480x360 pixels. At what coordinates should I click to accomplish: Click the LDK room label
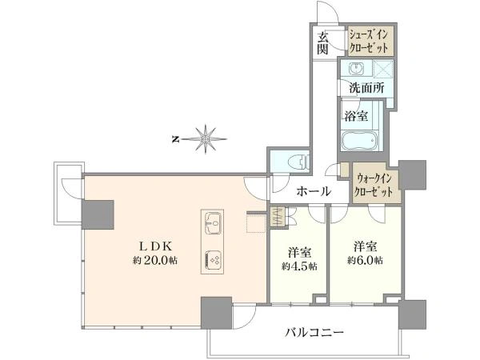coord(157,246)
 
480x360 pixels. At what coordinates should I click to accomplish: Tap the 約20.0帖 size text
coord(155,261)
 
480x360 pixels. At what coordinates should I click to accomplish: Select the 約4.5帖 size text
coord(299,266)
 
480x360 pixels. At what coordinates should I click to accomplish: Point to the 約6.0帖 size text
coord(365,261)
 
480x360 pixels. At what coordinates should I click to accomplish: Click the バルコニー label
coord(314,332)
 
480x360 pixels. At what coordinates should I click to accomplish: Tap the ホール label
coord(314,192)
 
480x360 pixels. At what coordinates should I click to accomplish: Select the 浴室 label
coord(356,116)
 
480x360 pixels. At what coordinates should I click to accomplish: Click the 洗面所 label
coord(366,88)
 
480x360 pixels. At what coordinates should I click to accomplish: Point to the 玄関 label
coord(322,43)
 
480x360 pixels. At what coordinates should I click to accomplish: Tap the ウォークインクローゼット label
coord(374,185)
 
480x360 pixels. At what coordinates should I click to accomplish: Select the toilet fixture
coord(299,162)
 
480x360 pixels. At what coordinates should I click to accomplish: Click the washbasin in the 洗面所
coord(356,68)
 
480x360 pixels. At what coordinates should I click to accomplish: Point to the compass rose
coord(206,139)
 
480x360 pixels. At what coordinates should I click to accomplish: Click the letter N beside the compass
coord(175,139)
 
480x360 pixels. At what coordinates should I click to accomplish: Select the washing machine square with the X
coord(383,69)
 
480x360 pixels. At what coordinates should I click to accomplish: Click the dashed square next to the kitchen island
coord(256,223)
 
